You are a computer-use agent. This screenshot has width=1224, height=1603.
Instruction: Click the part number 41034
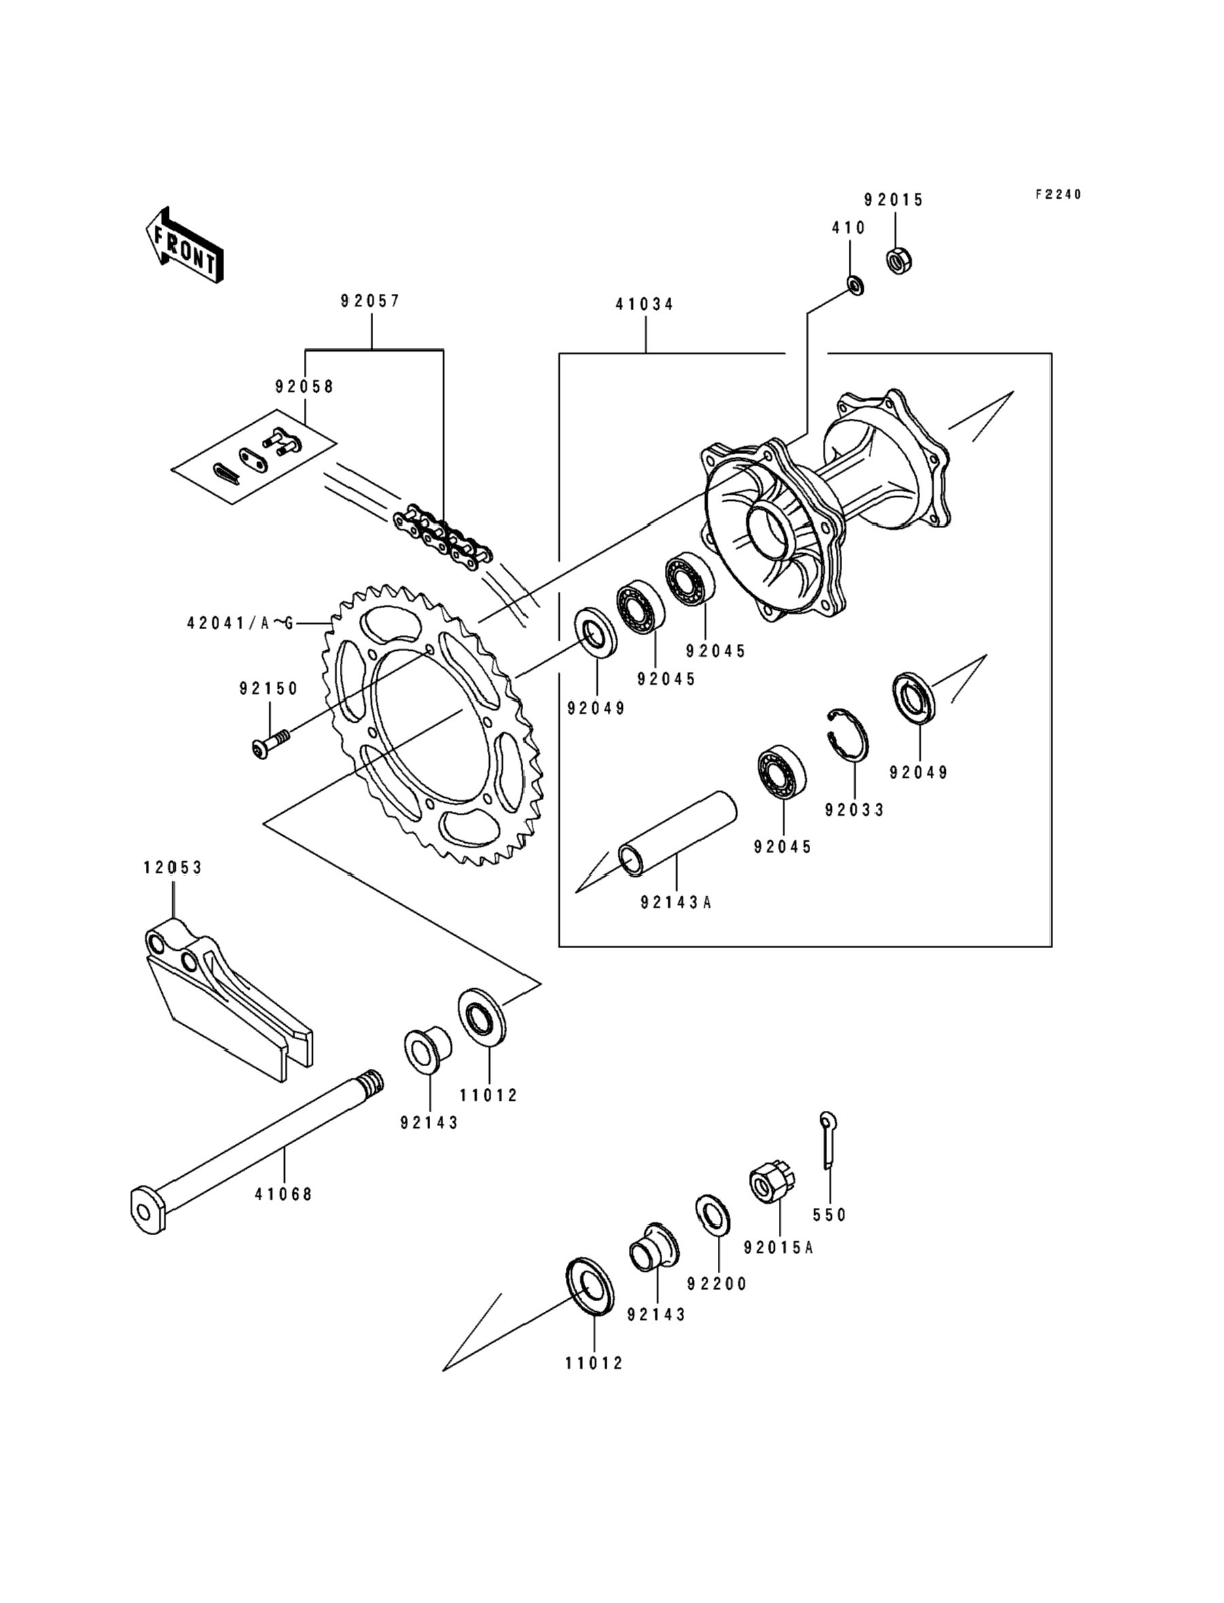[x=645, y=305]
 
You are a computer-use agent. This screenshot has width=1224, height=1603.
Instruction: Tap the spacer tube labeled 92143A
[x=677, y=831]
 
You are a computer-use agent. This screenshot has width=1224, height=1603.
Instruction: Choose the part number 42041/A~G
[x=240, y=624]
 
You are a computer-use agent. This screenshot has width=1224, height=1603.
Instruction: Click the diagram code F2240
[x=1058, y=195]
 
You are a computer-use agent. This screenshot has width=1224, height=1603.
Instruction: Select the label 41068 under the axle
[x=284, y=1195]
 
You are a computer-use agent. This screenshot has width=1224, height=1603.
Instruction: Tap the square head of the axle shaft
[x=148, y=1211]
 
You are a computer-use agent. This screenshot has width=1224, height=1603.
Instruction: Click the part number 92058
[x=305, y=387]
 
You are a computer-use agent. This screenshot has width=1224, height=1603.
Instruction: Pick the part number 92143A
[x=676, y=903]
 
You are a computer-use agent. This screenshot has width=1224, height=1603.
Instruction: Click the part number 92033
[x=855, y=810]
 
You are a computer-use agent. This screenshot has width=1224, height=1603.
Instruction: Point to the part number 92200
[x=718, y=1284]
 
